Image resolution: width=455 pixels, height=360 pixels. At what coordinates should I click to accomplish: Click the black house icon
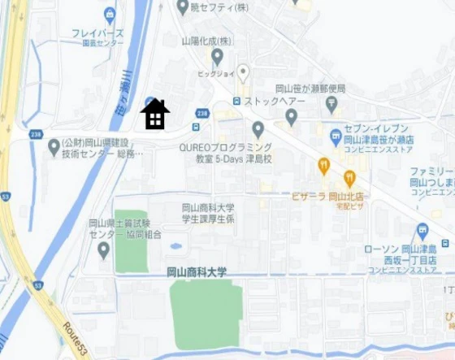(154, 115)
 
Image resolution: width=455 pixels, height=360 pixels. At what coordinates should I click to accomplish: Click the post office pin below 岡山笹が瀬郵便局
(331, 104)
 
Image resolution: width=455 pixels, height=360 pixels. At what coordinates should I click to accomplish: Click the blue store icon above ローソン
(421, 232)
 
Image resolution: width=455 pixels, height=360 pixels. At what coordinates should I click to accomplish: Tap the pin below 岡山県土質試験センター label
(103, 249)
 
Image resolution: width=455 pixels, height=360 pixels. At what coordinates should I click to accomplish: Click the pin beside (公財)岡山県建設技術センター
(54, 147)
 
